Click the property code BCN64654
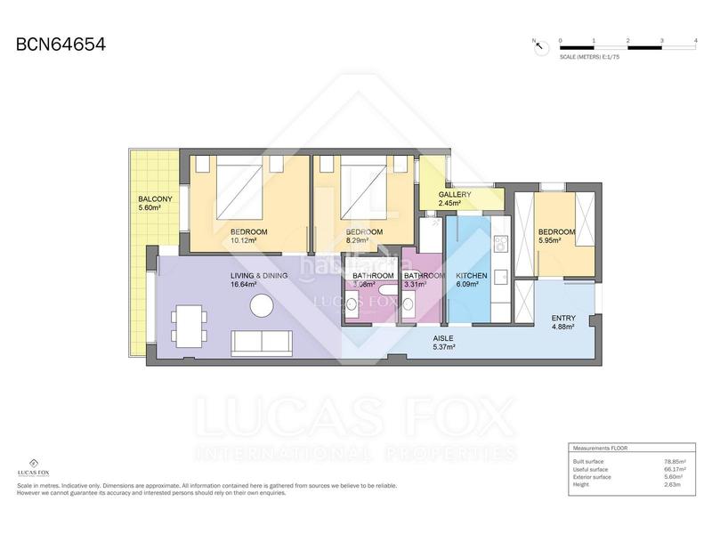pyautogui.click(x=61, y=44)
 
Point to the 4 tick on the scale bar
pyautogui.click(x=694, y=41)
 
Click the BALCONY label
pyautogui.click(x=155, y=198)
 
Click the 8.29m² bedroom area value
pyautogui.click(x=359, y=240)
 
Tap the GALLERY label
pyautogui.click(x=455, y=194)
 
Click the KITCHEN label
pyautogui.click(x=471, y=276)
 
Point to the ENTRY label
pyautogui.click(x=562, y=318)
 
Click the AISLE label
pyautogui.click(x=444, y=339)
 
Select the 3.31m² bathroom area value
pyautogui.click(x=415, y=285)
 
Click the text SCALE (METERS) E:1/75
pyautogui.click(x=589, y=55)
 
